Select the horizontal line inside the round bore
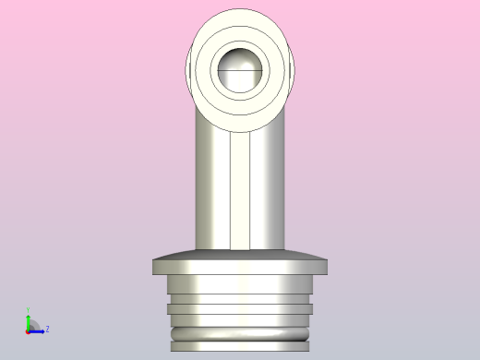241,70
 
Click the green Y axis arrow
28,319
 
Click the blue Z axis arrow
38,330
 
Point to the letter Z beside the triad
47,329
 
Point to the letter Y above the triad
28,310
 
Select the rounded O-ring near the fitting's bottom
241,333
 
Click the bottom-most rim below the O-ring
241,346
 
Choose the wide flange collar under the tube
241,267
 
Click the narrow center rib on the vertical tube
241,194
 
